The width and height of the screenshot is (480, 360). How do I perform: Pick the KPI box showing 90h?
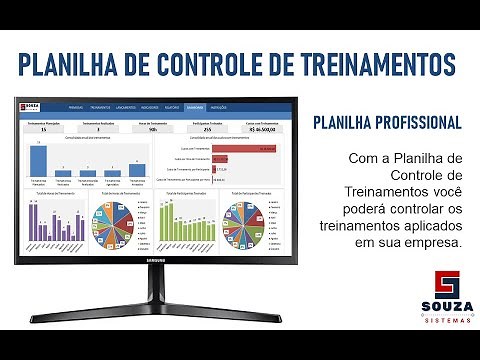151,129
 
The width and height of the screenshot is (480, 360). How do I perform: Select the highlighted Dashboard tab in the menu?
195,105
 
